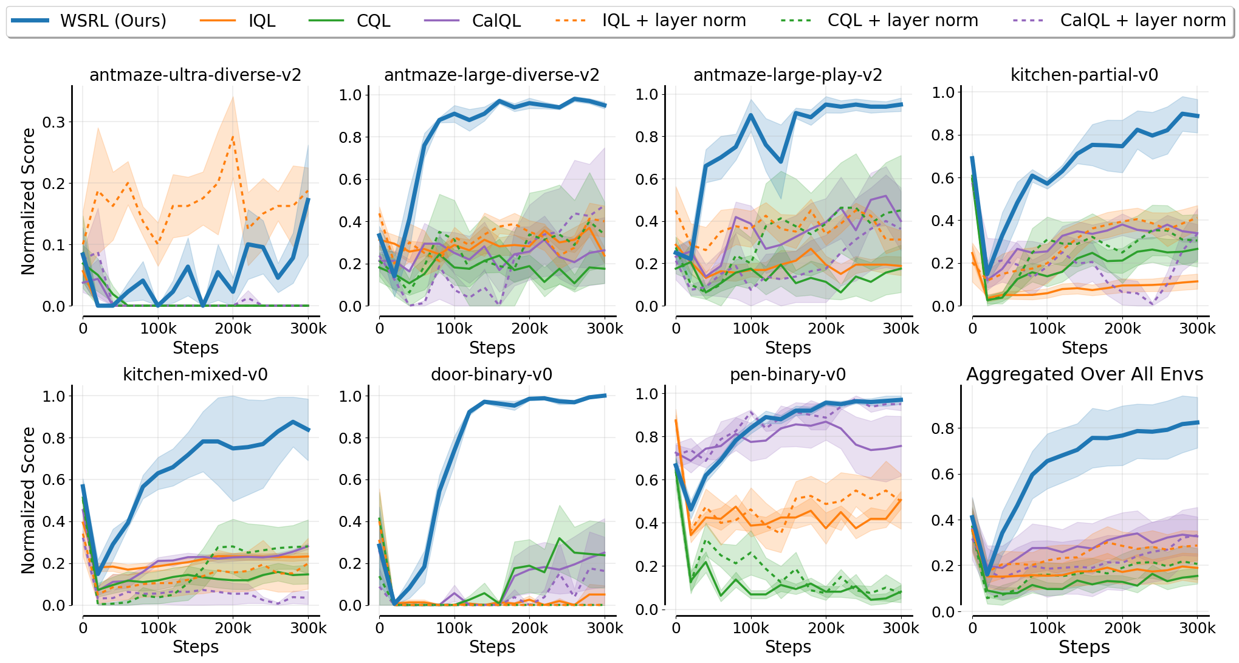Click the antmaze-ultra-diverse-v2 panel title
pos(195,75)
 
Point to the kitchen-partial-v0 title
pos(1084,75)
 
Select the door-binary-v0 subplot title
pos(492,374)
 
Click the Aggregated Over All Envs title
pos(1084,374)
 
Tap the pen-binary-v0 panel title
pos(788,374)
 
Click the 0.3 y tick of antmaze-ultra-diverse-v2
pos(53,122)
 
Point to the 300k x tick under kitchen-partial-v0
pos(1197,329)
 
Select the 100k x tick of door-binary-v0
pos(455,628)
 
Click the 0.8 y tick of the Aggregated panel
pos(943,428)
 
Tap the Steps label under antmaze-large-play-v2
pos(788,348)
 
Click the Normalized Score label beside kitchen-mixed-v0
pos(28,500)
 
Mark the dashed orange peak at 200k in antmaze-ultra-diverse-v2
pos(233,137)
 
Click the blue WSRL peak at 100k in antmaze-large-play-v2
pos(751,115)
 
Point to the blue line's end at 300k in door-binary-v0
pos(605,396)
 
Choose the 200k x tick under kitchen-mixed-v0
pos(233,628)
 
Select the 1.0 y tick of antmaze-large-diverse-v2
pos(350,95)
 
